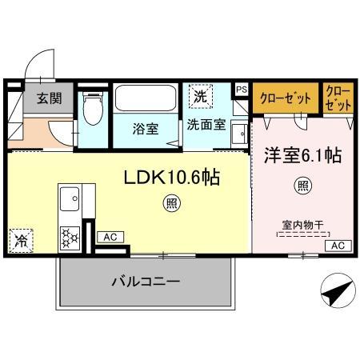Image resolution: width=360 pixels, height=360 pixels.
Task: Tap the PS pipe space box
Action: [242, 90]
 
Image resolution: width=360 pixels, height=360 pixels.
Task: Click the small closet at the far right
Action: [338, 98]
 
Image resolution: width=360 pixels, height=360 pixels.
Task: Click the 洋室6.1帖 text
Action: [304, 155]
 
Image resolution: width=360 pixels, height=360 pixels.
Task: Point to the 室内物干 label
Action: [302, 225]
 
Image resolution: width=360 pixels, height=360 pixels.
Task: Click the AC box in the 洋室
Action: [338, 246]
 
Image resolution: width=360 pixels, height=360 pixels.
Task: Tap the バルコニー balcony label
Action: [146, 282]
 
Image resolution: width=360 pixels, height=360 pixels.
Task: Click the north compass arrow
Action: [336, 291]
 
